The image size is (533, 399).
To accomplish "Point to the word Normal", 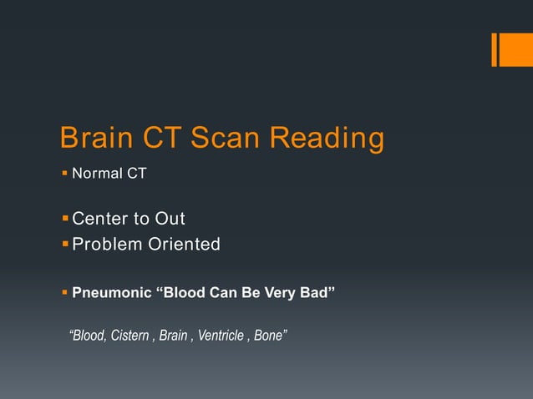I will pyautogui.click(x=97, y=174).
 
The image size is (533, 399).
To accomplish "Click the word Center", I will pyautogui.click(x=101, y=219).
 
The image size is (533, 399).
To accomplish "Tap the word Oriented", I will pyautogui.click(x=185, y=244).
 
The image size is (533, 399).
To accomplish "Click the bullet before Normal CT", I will pyautogui.click(x=65, y=174).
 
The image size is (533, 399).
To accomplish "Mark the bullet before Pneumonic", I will pyautogui.click(x=65, y=293).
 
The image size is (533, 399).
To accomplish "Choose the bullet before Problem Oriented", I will pyautogui.click(x=65, y=244).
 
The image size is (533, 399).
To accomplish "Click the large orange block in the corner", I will pyautogui.click(x=510, y=49).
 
